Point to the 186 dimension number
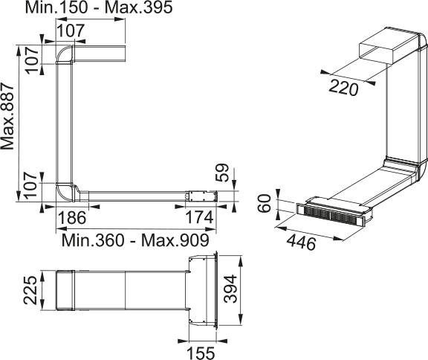[x=72, y=218]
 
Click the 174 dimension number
[x=199, y=218]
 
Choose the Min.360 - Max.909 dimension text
[x=134, y=240]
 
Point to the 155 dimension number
[x=198, y=351]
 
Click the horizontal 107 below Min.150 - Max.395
[x=68, y=30]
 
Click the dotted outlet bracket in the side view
[x=199, y=197]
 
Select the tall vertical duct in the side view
[x=65, y=123]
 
